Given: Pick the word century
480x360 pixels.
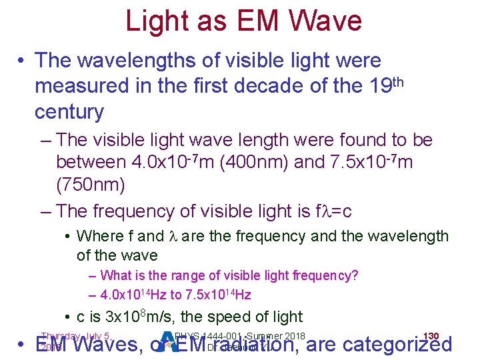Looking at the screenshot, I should point(69,111).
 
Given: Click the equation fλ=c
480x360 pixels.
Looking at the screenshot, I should point(333,211).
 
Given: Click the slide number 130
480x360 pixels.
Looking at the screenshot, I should point(431,335).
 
